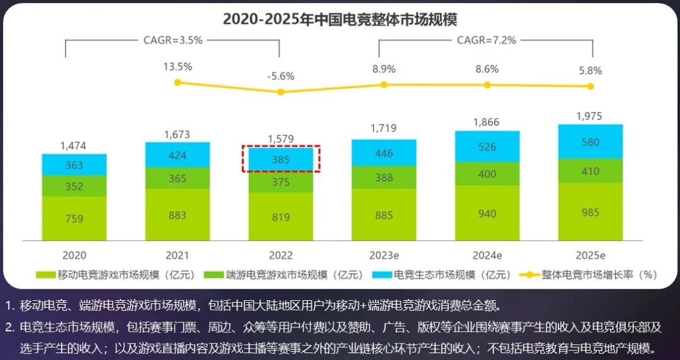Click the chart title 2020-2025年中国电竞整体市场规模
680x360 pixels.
pos(339,19)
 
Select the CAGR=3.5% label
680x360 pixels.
pos(173,40)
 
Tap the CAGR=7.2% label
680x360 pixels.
pos(486,40)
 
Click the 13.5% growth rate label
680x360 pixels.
pos(178,67)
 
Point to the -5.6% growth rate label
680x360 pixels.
pos(281,76)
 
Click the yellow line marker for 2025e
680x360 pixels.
pos(591,86)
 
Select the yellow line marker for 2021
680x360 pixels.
pos(178,82)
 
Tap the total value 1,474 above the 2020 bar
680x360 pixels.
pos(74,145)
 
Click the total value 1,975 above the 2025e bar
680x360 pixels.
pos(590,116)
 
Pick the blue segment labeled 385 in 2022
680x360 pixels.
pos(281,160)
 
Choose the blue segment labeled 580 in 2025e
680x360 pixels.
pos(590,142)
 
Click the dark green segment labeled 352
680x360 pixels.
pos(74,186)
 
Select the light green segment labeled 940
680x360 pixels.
pos(487,213)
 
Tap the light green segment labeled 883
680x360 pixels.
pos(178,215)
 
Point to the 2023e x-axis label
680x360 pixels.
pos(383,255)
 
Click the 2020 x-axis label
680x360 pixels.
pos(74,255)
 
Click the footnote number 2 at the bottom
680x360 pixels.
pos(9,327)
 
